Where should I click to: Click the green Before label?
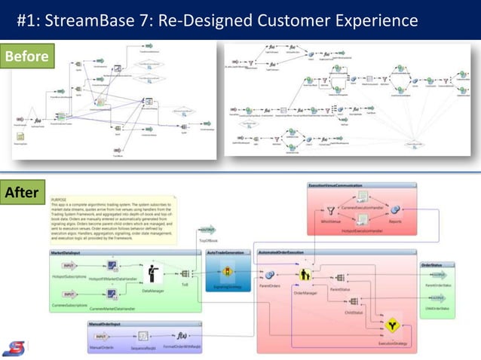pos(26,56)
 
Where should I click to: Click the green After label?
pos(22,193)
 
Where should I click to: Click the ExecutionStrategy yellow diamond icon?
pos(391,326)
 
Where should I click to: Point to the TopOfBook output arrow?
pos(206,230)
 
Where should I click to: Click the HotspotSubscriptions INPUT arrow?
pos(69,267)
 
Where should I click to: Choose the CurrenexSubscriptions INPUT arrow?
pos(69,294)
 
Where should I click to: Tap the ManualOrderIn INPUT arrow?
pos(103,336)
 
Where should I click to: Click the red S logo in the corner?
pos(13,348)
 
